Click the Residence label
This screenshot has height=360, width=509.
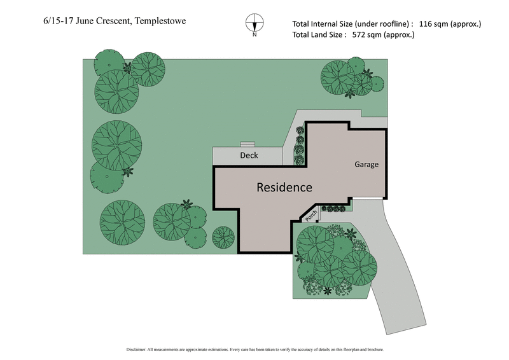coord(284,188)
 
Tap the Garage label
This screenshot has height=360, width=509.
coord(366,165)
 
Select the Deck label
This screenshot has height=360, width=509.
coord(249,155)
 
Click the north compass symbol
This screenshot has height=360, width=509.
coord(254,23)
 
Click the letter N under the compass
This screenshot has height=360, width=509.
coord(254,35)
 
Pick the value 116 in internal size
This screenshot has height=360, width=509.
coord(428,24)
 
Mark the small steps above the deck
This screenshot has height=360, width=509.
coord(247,144)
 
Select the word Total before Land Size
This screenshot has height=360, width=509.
coord(303,35)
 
